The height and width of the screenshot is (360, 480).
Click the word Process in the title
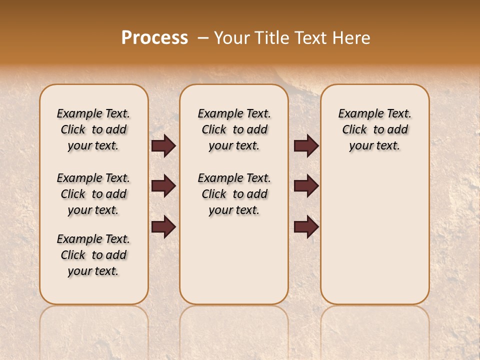coord(154,38)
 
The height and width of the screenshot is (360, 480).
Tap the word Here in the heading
coord(352,38)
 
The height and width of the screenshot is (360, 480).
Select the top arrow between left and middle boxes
coord(163,146)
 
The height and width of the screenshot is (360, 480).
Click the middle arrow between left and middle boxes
coord(163,186)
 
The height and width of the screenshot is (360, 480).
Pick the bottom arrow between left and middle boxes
coord(163,226)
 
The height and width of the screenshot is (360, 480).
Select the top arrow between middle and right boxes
coord(306,146)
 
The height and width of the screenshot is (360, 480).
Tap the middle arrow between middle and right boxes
coord(306,186)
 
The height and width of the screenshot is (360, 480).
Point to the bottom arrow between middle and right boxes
coord(306,226)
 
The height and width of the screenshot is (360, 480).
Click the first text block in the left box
coord(93,129)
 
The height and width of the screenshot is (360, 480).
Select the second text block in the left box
coord(93,194)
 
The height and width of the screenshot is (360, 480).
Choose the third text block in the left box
coord(93,255)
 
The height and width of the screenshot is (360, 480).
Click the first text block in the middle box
coord(234,129)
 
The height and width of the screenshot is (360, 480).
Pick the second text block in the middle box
coord(234,194)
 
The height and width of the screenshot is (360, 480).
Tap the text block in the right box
coord(374,129)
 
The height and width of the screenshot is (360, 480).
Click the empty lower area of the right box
coord(374,235)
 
